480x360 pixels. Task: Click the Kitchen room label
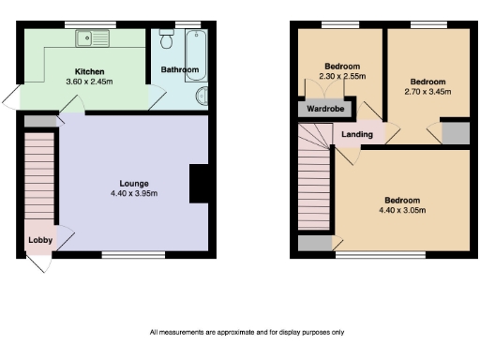90,71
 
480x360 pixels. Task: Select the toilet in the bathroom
166,39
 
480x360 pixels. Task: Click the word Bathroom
178,70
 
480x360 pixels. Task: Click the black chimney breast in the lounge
199,184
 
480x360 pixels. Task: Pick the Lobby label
39,240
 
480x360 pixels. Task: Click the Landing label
357,135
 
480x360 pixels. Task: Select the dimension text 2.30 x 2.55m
343,77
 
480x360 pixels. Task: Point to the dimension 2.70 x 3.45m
427,92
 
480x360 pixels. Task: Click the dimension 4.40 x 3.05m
401,210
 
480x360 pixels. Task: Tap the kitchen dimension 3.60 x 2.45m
90,82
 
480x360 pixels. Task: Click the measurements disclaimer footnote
247,332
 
